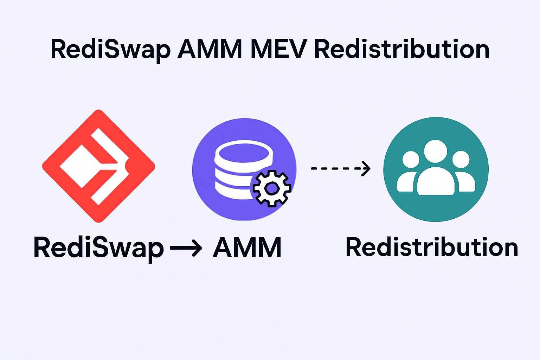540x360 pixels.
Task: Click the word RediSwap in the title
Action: coord(110,50)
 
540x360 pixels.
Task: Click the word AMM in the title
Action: coord(210,50)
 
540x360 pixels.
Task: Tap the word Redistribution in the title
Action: coord(401,50)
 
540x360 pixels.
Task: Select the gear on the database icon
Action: coord(271,188)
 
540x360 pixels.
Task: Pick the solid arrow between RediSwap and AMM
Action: coord(186,248)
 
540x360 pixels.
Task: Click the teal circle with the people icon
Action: coord(436,207)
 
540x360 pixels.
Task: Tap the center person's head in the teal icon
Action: coord(436,151)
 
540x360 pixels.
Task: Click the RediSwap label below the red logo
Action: coord(98,248)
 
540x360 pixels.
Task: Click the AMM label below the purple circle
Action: coord(247,248)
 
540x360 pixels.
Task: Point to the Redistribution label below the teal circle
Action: coord(432,247)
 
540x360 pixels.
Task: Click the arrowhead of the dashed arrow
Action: coord(366,168)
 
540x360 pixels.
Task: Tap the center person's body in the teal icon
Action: coord(436,182)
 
